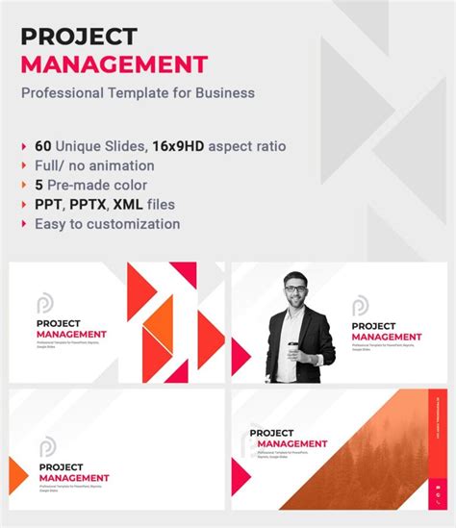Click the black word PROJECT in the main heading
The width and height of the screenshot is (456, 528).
pyautogui.click(x=79, y=37)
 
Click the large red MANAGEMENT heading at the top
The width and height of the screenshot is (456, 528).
pyautogui.click(x=114, y=65)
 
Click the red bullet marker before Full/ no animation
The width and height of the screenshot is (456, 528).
pyautogui.click(x=24, y=166)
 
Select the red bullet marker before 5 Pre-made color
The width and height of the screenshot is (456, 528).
pyautogui.click(x=24, y=186)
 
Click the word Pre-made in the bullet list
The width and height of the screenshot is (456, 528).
pyautogui.click(x=83, y=185)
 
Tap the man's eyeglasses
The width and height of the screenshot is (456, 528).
pyautogui.click(x=297, y=288)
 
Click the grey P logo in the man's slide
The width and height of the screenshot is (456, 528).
pyautogui.click(x=359, y=306)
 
